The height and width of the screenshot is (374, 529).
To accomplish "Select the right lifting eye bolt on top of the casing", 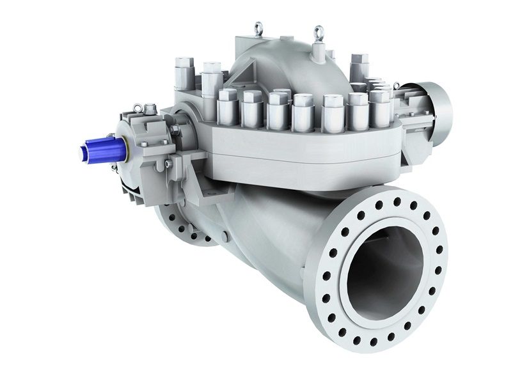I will pyautogui.click(x=318, y=31).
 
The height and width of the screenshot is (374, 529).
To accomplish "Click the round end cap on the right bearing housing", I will pyautogui.click(x=438, y=114).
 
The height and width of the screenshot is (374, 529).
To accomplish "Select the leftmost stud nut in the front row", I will pyautogui.click(x=227, y=105).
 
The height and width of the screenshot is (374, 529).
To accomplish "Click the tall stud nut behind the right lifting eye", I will pyautogui.click(x=358, y=64).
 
